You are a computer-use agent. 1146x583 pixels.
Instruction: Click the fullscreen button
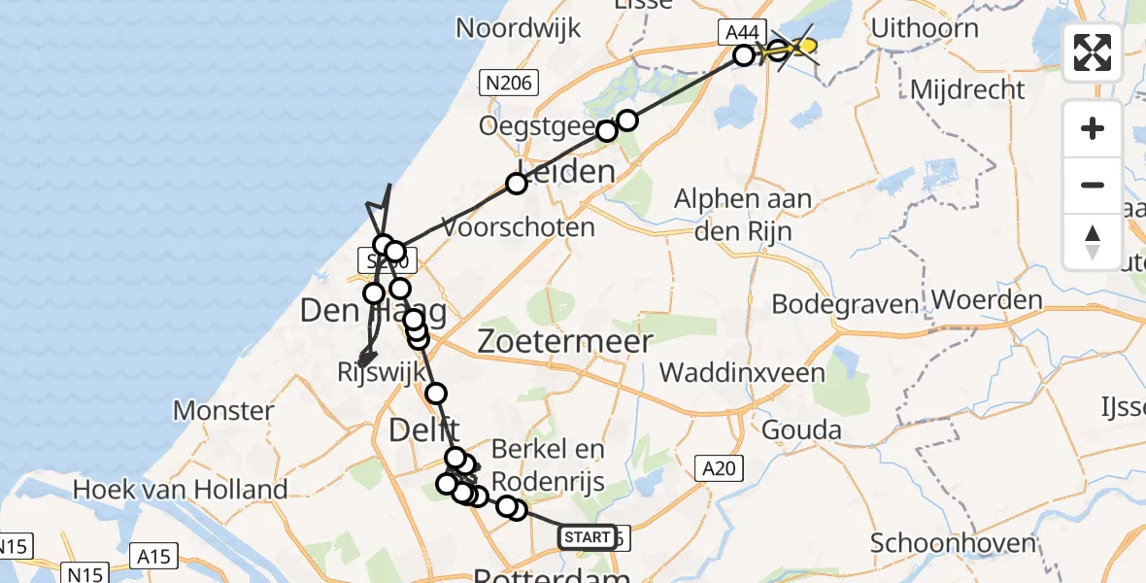point(1093,52)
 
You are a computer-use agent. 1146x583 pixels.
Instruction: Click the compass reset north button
point(1093,241)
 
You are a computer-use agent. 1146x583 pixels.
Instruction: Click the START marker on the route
point(587,536)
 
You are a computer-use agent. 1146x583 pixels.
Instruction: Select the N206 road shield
point(509,84)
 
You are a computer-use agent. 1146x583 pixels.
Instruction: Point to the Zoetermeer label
point(565,341)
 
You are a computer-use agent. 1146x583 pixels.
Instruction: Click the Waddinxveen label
point(742,372)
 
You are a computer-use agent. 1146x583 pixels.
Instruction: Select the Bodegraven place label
point(845,304)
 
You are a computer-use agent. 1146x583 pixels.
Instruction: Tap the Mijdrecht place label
point(967,90)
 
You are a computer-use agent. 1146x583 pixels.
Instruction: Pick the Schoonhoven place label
point(953,542)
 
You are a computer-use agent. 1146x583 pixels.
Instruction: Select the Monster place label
point(223,410)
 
